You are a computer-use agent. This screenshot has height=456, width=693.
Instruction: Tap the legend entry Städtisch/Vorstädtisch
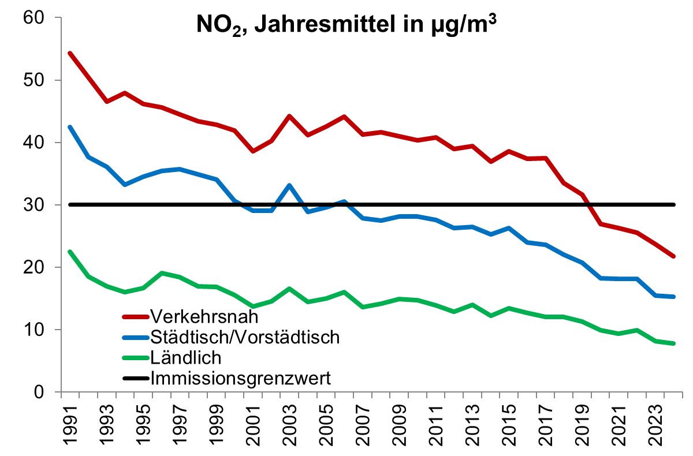click(245, 337)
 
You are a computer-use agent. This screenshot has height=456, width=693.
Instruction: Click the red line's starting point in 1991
click(70, 53)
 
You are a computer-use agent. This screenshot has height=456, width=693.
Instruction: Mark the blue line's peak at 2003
click(289, 185)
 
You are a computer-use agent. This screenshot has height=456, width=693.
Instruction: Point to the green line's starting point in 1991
click(70, 252)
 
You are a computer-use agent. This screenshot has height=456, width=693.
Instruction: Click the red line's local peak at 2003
click(289, 116)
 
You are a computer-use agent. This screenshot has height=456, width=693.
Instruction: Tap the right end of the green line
click(673, 343)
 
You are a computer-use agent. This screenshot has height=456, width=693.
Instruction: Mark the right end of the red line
click(673, 256)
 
